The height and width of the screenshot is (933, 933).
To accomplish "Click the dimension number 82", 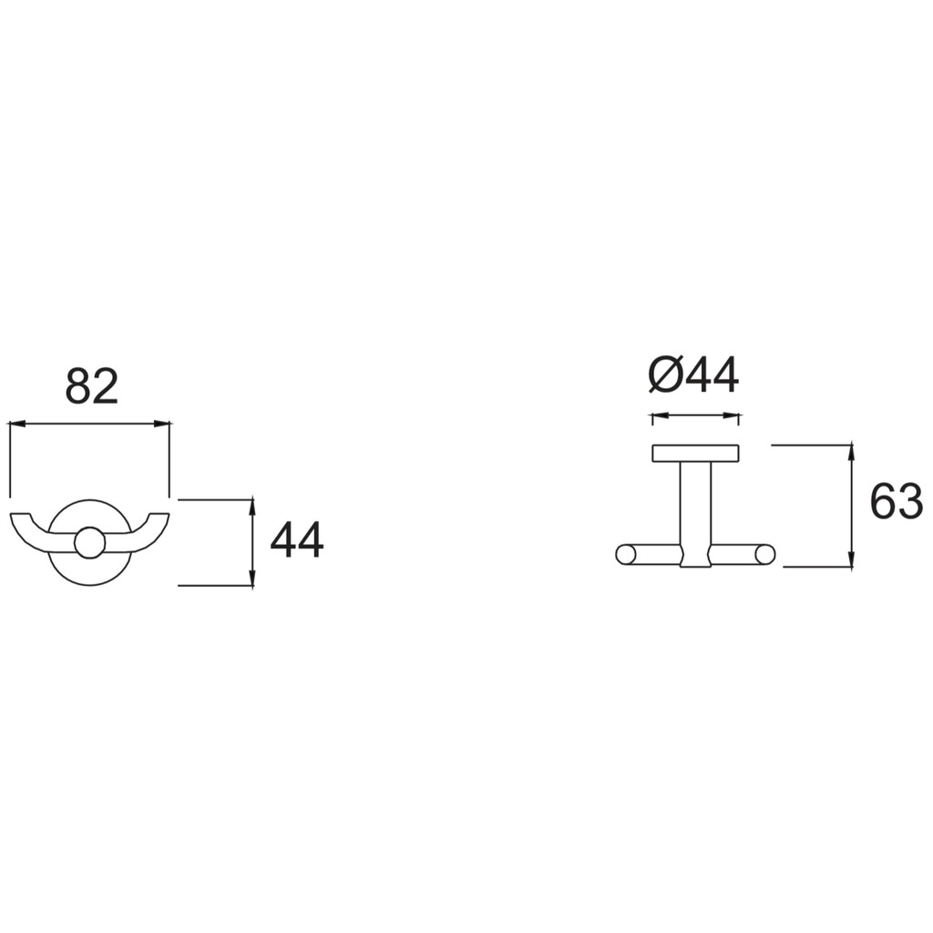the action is pos(92,385).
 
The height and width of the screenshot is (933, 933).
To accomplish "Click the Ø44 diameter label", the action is pos(693,374).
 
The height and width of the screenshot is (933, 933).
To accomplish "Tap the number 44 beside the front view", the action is pos(297,539).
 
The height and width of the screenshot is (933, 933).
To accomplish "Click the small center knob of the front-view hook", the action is pos(90,542).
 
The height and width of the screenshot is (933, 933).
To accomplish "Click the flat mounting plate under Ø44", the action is pos(695,454).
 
